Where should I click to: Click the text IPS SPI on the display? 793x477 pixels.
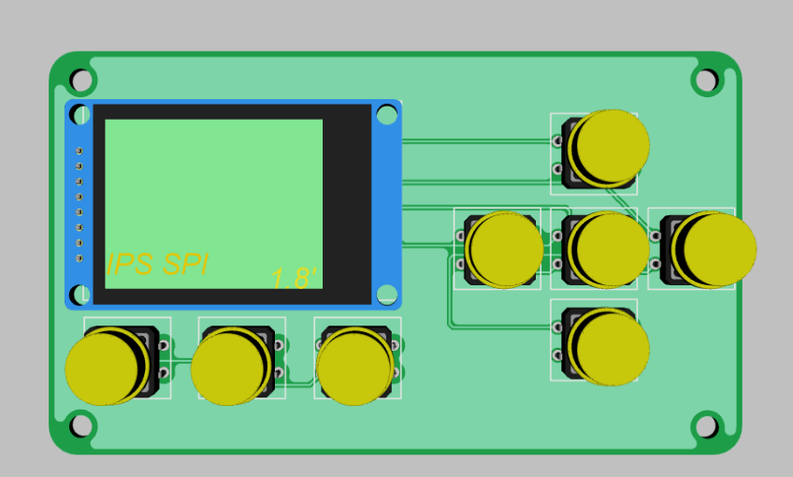click(157, 265)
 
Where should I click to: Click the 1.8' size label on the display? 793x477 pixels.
click(295, 278)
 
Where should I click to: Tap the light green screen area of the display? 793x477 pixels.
click(213, 187)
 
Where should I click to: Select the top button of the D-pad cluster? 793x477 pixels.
click(610, 147)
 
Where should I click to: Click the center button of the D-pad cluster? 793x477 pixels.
click(609, 249)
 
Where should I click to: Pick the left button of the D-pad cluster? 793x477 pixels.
click(504, 249)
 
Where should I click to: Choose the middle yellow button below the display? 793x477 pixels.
click(232, 367)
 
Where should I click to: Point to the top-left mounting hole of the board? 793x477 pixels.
click(81, 79)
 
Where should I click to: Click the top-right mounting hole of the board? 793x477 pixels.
click(707, 79)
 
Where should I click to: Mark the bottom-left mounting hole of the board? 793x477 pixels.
click(81, 426)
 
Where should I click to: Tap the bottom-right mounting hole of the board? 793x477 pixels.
click(707, 426)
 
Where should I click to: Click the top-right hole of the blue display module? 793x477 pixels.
click(386, 116)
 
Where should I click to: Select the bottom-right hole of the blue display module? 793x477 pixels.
click(386, 294)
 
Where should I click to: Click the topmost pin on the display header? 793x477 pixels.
click(79, 151)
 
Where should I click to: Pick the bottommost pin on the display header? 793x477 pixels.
click(79, 258)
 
